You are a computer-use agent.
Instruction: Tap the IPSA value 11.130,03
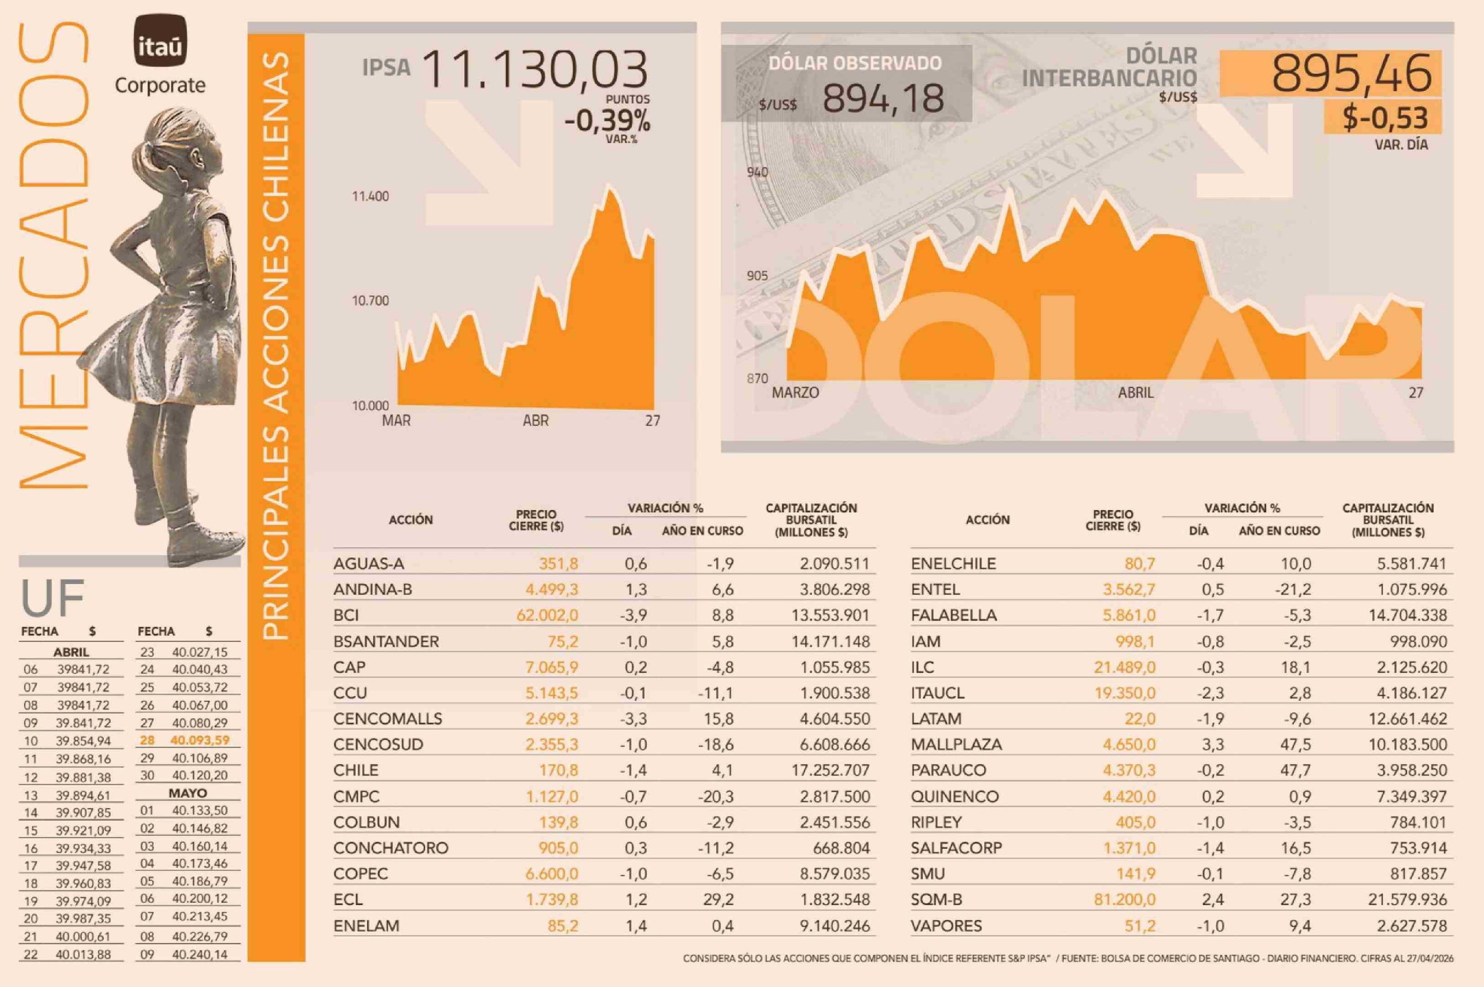coord(535,70)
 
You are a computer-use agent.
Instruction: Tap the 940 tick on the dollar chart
coord(758,172)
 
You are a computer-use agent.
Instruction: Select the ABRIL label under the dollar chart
coord(1135,393)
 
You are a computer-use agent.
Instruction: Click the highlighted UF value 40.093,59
coord(199,740)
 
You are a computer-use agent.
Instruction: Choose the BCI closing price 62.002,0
coord(547,615)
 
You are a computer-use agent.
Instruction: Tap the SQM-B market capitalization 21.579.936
coord(1407,899)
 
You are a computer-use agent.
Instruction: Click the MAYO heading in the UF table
coord(188,793)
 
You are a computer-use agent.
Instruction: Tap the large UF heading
coord(53,598)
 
